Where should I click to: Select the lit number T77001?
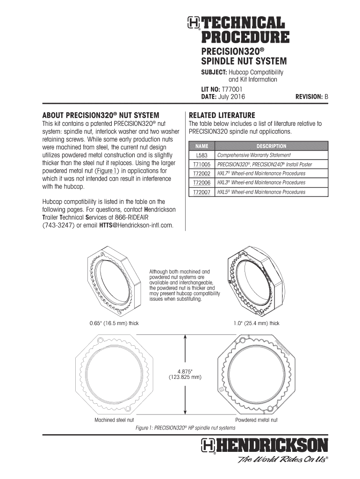coord(232,89)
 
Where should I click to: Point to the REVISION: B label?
coord(312,97)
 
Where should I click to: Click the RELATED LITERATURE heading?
coord(221,115)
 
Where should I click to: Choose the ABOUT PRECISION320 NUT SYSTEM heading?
coord(101,115)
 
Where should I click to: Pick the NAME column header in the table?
coord(202,146)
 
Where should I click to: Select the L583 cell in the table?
coord(202,155)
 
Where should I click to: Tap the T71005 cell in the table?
coord(202,164)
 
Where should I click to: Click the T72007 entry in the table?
coord(202,192)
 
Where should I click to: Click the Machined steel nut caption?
coord(114,420)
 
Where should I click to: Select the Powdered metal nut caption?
coord(256,420)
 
